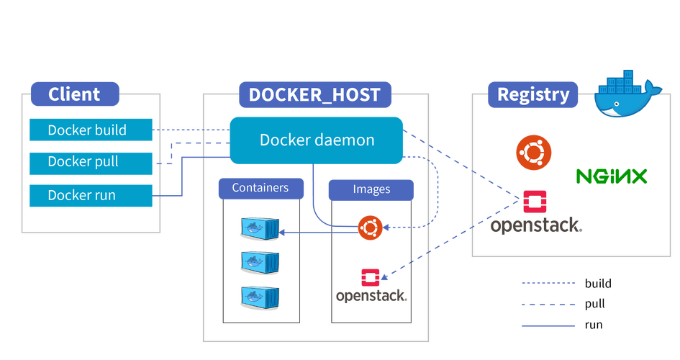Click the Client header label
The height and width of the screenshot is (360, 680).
click(75, 94)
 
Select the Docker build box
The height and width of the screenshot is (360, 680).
click(91, 130)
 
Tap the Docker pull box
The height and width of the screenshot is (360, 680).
click(91, 163)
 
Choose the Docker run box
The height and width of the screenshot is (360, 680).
click(91, 196)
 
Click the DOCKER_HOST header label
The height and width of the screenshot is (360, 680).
click(315, 94)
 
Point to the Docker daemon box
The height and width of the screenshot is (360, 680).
click(316, 140)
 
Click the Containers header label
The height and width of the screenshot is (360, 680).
click(260, 188)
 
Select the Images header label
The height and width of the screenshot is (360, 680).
click(371, 189)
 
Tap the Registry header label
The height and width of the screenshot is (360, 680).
click(532, 94)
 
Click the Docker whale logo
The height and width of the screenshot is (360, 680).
click(626, 94)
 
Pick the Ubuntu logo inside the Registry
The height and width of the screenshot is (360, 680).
click(533, 153)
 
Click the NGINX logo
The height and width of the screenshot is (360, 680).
click(612, 176)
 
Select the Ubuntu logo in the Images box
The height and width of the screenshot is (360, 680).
click(370, 228)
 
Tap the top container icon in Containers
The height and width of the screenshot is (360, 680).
click(260, 228)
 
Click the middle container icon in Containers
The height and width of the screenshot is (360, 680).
click(260, 262)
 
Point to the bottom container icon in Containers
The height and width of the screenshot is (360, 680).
click(260, 297)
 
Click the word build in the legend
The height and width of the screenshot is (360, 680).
click(598, 284)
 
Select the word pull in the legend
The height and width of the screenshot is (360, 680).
click(594, 304)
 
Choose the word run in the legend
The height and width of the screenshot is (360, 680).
click(594, 325)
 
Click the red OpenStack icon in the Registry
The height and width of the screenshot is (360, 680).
click(535, 202)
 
